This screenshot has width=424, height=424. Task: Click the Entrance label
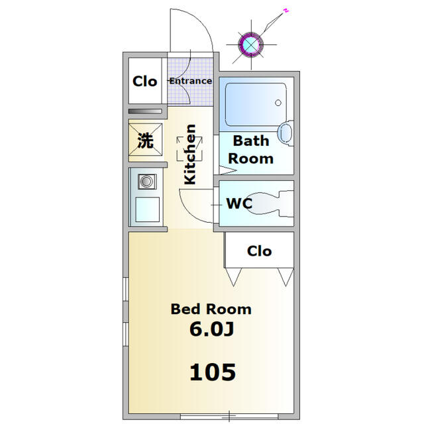pos(191,81)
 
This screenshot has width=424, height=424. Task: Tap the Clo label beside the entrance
pos(145,81)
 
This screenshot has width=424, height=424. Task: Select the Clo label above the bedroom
pos(259,251)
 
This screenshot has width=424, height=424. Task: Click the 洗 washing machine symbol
pos(145,141)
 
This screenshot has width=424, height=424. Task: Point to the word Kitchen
pos(190,154)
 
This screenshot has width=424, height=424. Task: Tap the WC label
pos(239,204)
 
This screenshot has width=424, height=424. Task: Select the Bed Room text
pos(211,309)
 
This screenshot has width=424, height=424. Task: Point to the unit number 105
pos(212,372)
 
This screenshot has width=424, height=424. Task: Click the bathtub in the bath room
pos(254,103)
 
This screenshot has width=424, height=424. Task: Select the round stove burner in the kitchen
pos(145,181)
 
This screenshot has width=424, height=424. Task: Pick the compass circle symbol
pos(251,44)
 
